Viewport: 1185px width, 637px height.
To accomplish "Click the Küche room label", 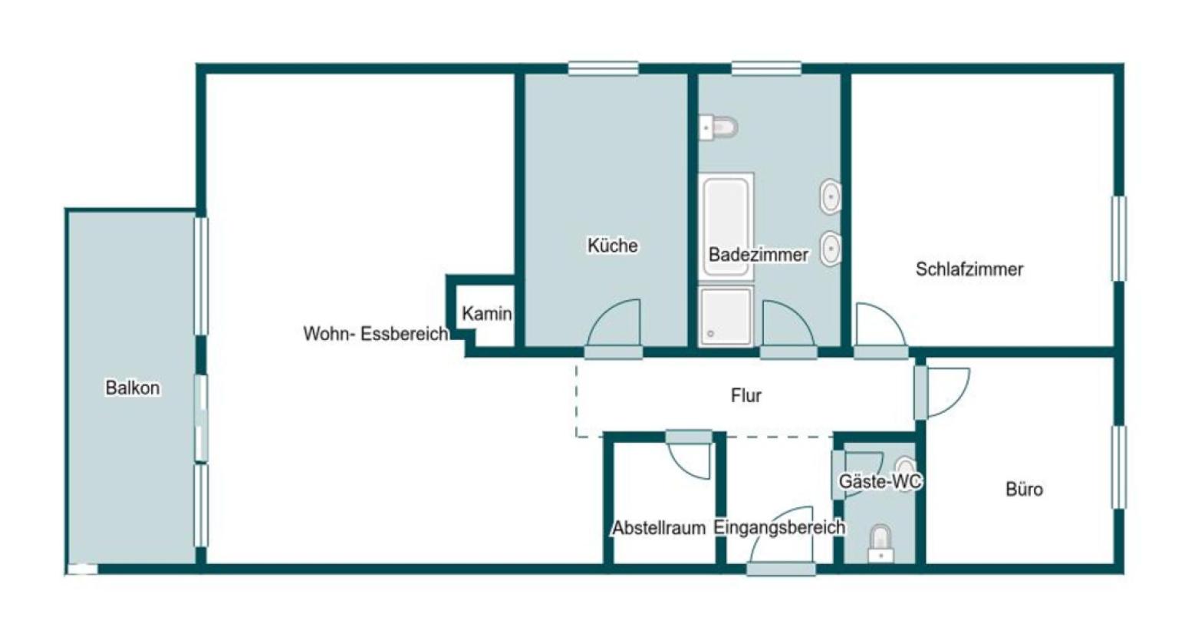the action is pyautogui.click(x=613, y=246).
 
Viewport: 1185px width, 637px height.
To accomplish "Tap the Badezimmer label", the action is pyautogui.click(x=758, y=255).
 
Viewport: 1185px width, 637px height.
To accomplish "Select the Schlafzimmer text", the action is pyautogui.click(x=969, y=269).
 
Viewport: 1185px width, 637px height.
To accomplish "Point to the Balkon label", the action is pyautogui.click(x=132, y=388).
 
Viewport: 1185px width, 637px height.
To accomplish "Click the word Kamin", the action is pyautogui.click(x=487, y=313).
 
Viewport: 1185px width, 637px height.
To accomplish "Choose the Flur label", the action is pyautogui.click(x=746, y=395).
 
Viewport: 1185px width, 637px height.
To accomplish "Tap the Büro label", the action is pyautogui.click(x=1024, y=490).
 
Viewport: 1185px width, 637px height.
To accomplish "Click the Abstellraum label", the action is pyautogui.click(x=659, y=528).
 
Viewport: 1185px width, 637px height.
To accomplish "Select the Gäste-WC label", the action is pyautogui.click(x=880, y=481).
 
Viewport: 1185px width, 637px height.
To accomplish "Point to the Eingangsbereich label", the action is pyautogui.click(x=779, y=527).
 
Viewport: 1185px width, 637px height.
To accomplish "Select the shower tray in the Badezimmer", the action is pyautogui.click(x=726, y=317).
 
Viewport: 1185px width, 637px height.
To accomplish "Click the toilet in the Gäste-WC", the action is pyautogui.click(x=881, y=543).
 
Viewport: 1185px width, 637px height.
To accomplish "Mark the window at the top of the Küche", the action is pyautogui.click(x=603, y=69).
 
